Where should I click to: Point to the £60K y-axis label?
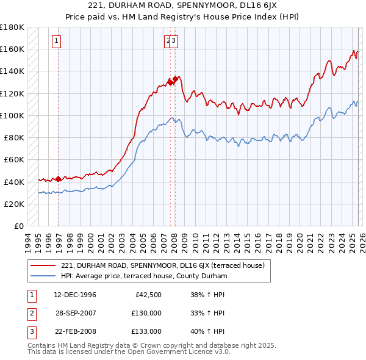[x=14, y=159]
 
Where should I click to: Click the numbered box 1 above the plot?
[x=56, y=41]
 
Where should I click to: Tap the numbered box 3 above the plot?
[x=174, y=41]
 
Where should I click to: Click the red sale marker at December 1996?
[x=59, y=179]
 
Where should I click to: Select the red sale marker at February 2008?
[x=175, y=78]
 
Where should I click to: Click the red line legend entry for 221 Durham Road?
[x=162, y=265]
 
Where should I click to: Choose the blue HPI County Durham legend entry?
[x=144, y=276]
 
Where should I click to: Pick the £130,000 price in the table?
[x=146, y=314]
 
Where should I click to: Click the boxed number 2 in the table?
[x=30, y=314]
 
